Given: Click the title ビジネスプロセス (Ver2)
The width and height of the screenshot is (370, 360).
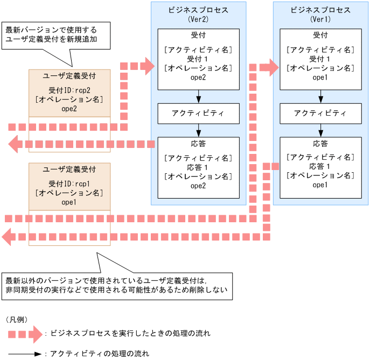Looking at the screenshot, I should (199, 14).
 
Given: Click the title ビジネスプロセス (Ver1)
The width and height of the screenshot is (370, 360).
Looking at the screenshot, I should (320, 14).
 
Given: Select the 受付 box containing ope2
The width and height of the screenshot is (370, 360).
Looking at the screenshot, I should (198, 59).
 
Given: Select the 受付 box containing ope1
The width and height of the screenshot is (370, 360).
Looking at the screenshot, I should (320, 59).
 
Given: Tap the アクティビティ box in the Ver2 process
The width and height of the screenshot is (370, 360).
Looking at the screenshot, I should (198, 114).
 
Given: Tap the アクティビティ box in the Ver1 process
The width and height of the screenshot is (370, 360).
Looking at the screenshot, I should (320, 114).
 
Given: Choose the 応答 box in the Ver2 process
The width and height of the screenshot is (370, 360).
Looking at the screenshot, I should (198, 167).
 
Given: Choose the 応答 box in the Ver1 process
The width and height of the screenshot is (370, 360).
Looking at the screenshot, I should (320, 167).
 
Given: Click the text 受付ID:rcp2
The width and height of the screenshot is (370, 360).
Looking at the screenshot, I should (69, 90).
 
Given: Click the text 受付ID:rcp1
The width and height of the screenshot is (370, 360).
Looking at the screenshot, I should (69, 183).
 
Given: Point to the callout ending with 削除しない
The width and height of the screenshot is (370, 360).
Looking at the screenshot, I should (117, 286).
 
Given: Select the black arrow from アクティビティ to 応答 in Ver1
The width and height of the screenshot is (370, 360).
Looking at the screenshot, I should (321, 130).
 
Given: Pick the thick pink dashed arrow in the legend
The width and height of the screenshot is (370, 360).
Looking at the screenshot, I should (24, 334).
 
